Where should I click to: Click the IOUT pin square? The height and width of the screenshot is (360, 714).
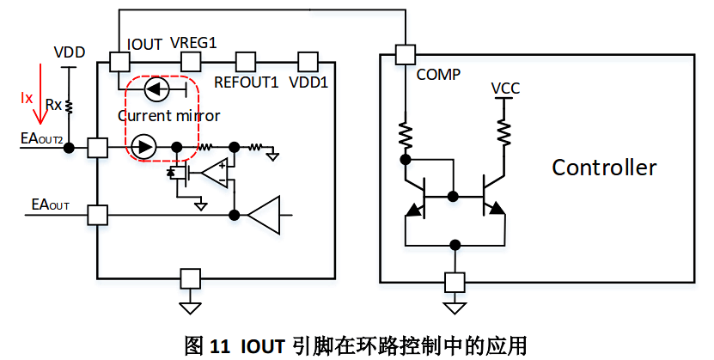pyautogui.click(x=119, y=62)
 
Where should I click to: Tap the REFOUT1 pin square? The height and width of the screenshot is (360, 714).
pyautogui.click(x=247, y=62)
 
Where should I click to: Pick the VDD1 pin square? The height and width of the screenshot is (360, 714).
pyautogui.click(x=308, y=62)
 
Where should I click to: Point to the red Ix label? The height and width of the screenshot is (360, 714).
pyautogui.click(x=26, y=96)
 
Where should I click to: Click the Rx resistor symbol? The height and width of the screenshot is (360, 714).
pyautogui.click(x=70, y=106)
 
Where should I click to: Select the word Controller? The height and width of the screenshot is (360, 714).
pyautogui.click(x=604, y=167)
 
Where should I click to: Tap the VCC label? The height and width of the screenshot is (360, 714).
pyautogui.click(x=505, y=88)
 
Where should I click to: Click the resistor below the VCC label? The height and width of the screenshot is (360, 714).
pyautogui.click(x=505, y=131)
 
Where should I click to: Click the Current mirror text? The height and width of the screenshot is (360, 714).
pyautogui.click(x=168, y=116)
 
